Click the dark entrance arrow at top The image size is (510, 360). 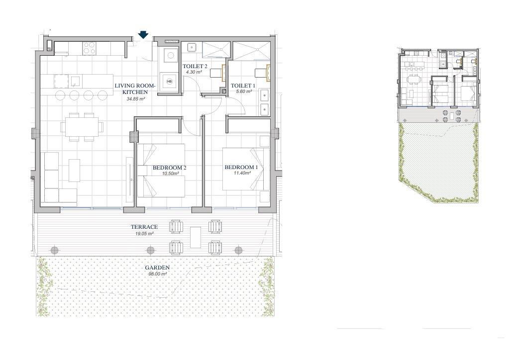coord(143,35)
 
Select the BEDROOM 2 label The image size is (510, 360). coord(169,168)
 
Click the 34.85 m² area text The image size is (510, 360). coord(136,99)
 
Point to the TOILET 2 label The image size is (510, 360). coord(195,66)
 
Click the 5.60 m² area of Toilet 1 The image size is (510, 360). coord(244,91)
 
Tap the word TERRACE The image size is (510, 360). coord(144,227)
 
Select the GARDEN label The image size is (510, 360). coord(157,268)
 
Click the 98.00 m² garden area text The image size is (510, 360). coord(158,274)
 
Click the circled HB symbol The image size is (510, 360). coord(169,81)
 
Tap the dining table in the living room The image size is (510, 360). coord(82,127)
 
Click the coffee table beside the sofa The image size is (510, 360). coord(74,170)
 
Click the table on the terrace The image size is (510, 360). coord(196,237)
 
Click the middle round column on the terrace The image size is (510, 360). coord(150,251)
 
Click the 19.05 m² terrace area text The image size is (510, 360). coord(144,233)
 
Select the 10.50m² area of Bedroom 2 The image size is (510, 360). coord(171,174)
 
